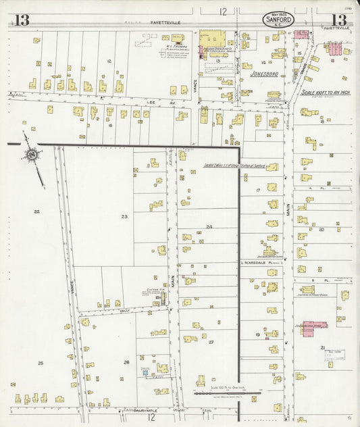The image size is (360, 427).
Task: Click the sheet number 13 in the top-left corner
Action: click(22, 20)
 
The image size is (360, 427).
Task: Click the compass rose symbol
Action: click(31, 157)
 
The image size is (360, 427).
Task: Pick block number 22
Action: click(36, 211)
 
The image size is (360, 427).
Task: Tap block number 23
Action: click(124, 216)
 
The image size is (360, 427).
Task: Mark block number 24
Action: click(209, 226)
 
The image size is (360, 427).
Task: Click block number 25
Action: click(40, 363)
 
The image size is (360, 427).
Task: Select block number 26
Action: click(126, 362)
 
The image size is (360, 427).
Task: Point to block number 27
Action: click(211, 342)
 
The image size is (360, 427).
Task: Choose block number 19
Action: click(257, 334)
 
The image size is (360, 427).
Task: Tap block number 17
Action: click(258, 191)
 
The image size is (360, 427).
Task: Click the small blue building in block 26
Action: click(144, 370)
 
